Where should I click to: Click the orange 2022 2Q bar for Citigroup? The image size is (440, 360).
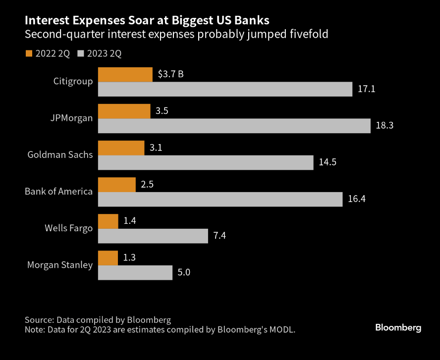125,75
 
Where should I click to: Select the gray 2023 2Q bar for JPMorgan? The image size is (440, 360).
234,126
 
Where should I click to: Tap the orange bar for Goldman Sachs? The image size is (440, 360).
121,148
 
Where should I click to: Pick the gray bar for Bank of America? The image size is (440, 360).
220,199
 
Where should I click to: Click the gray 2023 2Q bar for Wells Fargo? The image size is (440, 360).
153,236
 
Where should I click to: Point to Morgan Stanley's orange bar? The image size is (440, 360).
108,258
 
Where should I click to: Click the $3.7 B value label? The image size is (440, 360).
171,74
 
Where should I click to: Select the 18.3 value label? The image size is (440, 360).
385,126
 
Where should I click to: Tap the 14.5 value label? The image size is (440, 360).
328,162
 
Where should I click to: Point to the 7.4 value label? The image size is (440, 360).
220,236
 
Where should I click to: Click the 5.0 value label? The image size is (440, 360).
184,272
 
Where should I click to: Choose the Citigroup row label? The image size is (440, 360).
73,81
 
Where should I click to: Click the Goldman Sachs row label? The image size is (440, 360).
60,154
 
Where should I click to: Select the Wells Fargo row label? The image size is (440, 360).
68,228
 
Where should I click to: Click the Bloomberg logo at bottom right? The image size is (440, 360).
398,327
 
